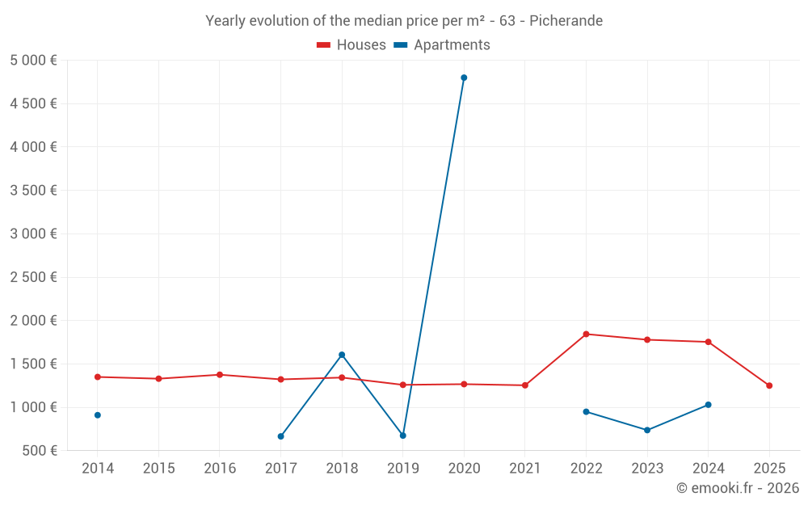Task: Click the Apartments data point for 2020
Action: point(464,78)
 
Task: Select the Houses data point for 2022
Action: point(586,334)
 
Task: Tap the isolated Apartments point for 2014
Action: point(98,415)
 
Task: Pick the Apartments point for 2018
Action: point(342,355)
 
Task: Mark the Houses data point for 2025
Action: point(769,385)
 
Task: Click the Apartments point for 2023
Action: point(647,430)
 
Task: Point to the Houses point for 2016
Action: point(220,375)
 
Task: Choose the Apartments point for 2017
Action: point(280,436)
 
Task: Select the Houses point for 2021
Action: point(525,385)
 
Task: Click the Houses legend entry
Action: point(351,45)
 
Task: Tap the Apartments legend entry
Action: point(442,45)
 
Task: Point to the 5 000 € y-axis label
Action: point(34,60)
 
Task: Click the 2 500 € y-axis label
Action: point(34,277)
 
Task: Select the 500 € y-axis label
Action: point(39,450)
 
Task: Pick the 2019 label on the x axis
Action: point(402,469)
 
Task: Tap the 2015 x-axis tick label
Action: point(158,469)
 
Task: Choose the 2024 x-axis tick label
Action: point(708,469)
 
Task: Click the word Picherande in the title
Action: point(566,21)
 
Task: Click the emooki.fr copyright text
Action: point(738,488)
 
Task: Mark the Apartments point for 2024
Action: point(708,405)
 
